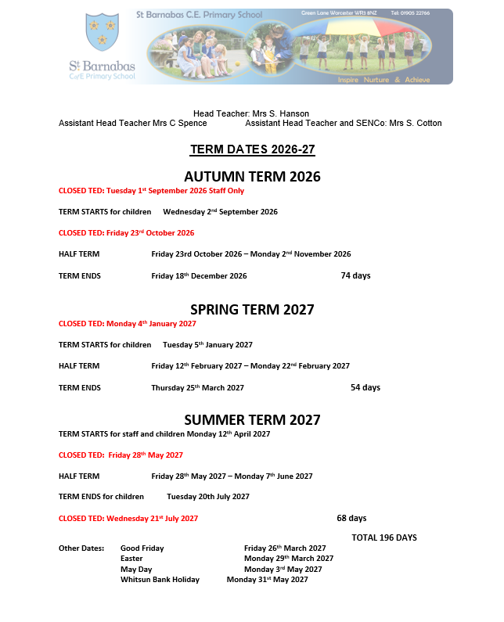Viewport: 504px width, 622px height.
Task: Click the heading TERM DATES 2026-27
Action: (x=252, y=149)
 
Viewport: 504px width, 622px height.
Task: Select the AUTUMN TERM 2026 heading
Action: (x=252, y=177)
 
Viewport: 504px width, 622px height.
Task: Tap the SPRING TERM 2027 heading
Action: (x=252, y=310)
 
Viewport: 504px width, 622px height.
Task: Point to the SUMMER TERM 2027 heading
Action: (x=252, y=420)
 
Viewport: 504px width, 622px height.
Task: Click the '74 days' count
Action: (x=355, y=275)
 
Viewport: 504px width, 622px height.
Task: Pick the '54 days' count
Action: (x=365, y=387)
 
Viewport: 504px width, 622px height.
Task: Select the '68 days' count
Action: (x=351, y=518)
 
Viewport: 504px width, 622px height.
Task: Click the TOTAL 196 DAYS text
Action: (x=384, y=538)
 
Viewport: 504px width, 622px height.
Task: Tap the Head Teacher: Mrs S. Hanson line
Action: (x=251, y=113)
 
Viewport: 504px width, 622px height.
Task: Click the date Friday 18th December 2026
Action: (x=199, y=275)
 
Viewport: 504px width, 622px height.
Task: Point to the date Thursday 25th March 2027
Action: (x=197, y=387)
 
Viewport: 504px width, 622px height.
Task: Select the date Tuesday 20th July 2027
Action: (x=208, y=496)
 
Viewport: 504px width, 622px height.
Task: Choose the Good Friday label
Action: (x=142, y=548)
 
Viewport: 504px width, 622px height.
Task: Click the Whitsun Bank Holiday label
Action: (x=160, y=580)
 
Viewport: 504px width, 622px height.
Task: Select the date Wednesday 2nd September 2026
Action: (x=220, y=211)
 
